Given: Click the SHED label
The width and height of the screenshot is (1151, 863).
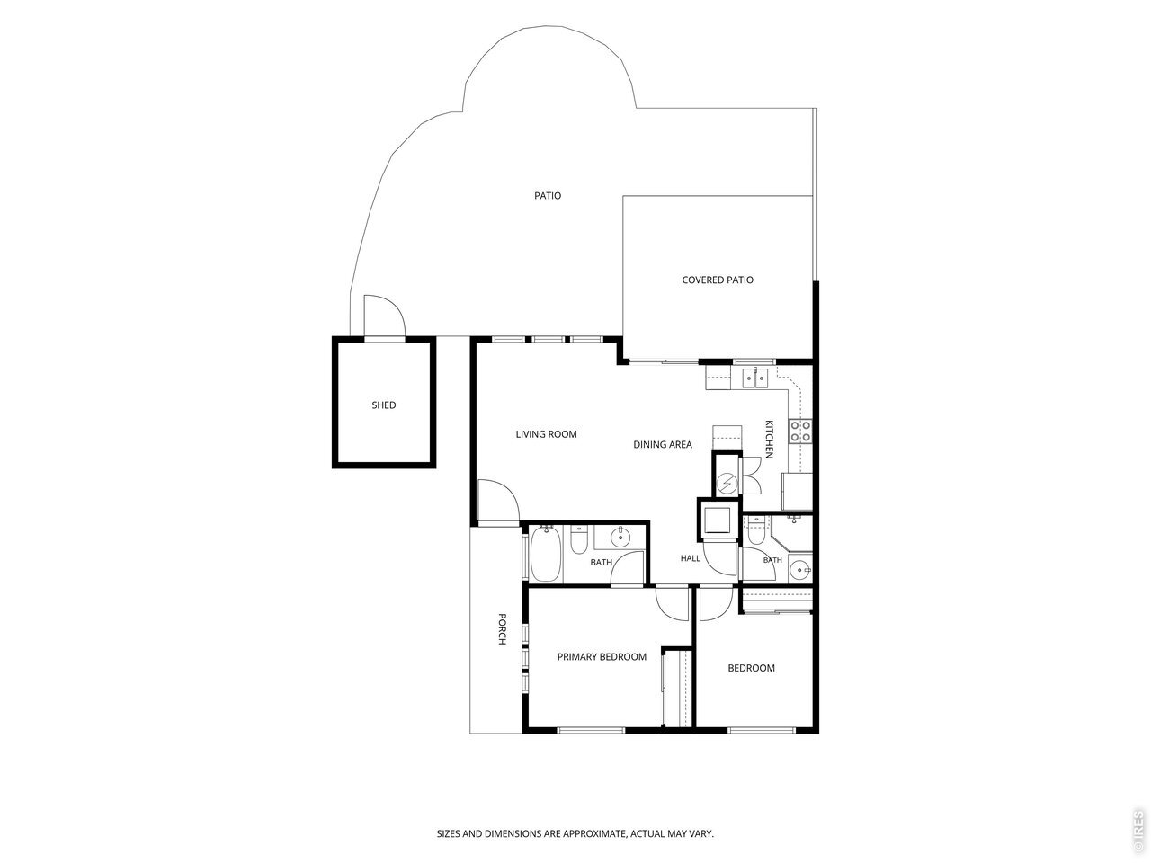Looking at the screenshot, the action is click(x=383, y=405).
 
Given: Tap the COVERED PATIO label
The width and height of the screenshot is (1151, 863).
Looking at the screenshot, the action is click(x=718, y=280).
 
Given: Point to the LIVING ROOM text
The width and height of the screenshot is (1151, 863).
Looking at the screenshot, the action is click(x=546, y=434).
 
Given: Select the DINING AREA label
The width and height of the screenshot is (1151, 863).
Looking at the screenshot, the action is click(x=663, y=445).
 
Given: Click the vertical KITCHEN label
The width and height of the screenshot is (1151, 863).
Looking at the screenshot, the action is click(x=769, y=439).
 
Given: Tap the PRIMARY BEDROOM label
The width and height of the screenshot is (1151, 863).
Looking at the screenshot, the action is click(x=602, y=657).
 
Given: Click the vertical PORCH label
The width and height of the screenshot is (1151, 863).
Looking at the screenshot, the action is click(x=502, y=628).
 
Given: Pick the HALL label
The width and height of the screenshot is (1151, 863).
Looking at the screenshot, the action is click(x=690, y=558).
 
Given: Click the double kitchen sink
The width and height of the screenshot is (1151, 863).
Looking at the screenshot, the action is click(x=755, y=378).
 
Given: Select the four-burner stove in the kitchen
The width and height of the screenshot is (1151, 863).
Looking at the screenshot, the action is click(x=800, y=431).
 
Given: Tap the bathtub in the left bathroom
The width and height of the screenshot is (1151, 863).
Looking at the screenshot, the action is click(x=545, y=555).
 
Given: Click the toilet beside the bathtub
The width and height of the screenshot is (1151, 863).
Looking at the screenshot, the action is click(x=578, y=539).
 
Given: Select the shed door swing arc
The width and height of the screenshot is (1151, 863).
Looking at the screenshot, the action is click(x=384, y=316).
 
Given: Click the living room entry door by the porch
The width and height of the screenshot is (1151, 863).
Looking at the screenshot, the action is click(x=498, y=501).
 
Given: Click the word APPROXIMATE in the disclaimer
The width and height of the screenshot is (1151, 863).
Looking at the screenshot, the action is click(x=595, y=833).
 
